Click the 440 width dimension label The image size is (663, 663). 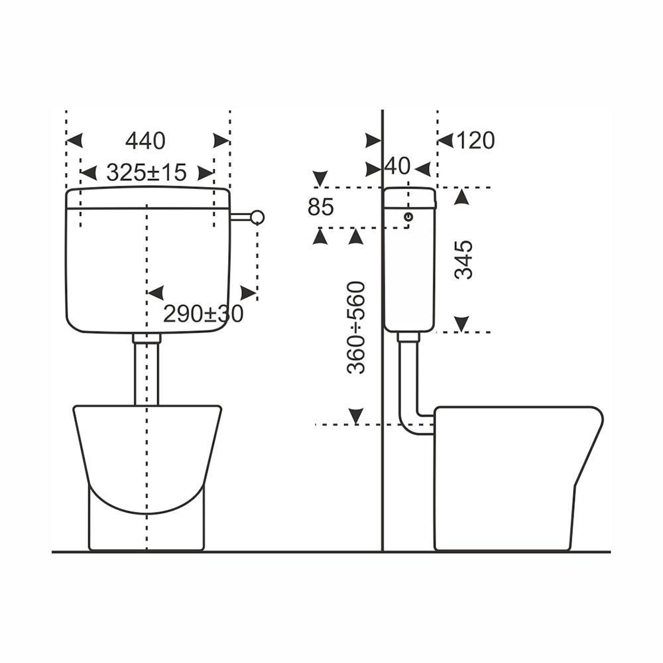pos(145,141)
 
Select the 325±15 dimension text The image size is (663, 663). pos(147,173)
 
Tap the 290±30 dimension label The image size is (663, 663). pos(203,314)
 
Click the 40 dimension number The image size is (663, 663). pos(398,166)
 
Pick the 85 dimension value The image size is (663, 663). pos(321,208)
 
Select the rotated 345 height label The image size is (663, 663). pos(466,259)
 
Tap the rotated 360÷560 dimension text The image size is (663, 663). pos(357,327)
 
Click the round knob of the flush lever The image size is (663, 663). pos(257,217)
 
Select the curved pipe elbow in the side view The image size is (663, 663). pos(412,421)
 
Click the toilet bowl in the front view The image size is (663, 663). pos(147,457)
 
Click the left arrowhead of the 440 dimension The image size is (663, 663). pos(74,141)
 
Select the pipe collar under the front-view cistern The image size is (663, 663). pos(147,338)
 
